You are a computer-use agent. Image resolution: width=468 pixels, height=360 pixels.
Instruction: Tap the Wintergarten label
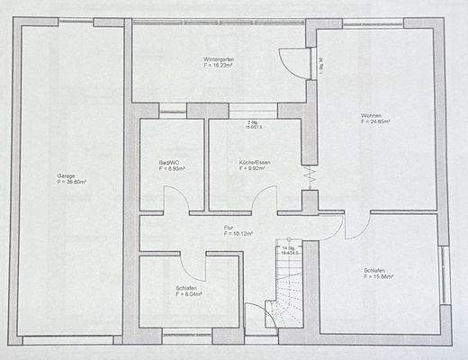(x=219, y=58)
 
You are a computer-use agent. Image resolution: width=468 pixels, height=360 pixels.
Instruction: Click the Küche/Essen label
(x=255, y=162)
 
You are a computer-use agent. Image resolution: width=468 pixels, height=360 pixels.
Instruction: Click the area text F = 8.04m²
(x=189, y=293)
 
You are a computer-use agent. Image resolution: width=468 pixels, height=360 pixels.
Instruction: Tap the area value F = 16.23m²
(x=219, y=65)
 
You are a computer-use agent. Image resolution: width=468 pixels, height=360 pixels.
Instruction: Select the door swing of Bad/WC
(x=175, y=200)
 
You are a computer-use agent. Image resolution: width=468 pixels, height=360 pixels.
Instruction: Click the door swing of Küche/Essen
(x=265, y=200)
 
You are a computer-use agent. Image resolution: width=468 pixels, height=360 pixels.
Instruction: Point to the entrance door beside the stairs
(x=258, y=318)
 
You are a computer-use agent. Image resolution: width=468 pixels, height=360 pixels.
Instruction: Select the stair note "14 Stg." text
(x=289, y=247)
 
